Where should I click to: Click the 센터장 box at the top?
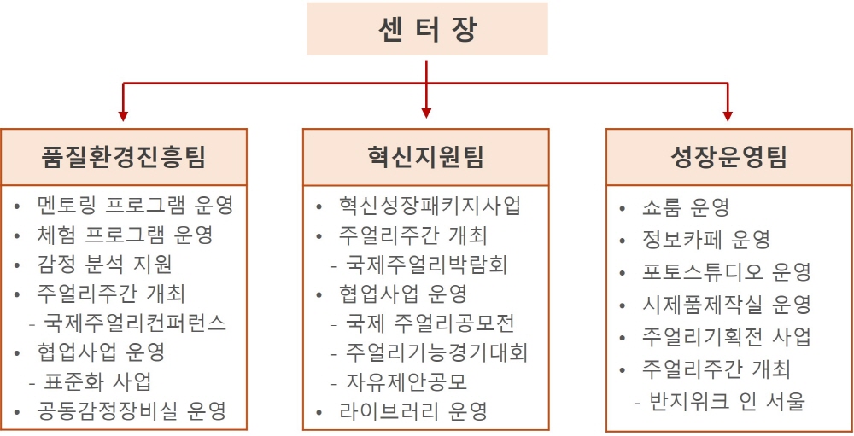427,28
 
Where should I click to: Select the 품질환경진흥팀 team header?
124,157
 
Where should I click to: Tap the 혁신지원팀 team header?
425,157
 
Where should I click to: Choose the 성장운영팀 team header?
728,157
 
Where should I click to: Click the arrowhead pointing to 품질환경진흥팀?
123,116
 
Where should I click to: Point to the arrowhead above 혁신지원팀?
426,113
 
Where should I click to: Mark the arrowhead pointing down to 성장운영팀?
728,116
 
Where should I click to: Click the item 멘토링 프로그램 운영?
135,206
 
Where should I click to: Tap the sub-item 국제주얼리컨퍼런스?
135,323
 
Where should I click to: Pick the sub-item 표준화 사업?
97,381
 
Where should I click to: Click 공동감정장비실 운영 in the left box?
132,411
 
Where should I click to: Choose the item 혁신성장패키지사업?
430,206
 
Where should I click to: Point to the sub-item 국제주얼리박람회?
426,265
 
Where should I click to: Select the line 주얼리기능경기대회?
436,353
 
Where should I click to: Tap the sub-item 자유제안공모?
407,382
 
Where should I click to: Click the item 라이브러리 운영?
412,411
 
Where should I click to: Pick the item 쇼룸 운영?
686,206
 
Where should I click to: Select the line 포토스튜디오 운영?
727,272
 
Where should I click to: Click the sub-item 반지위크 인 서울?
727,402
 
